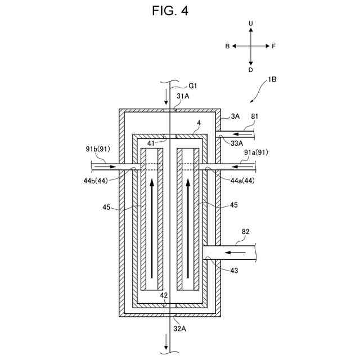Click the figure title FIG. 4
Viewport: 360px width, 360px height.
(170, 11)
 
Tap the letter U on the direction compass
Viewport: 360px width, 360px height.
(251, 24)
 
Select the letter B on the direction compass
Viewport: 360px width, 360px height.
(227, 46)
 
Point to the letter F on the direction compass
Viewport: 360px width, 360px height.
(273, 46)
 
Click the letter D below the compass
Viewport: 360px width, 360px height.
(251, 70)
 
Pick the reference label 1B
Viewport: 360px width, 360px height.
(272, 79)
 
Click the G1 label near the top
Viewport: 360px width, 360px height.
(193, 86)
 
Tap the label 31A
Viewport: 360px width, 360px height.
(183, 96)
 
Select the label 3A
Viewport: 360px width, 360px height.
(235, 116)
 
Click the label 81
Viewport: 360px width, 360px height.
(255, 116)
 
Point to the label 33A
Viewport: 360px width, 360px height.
(237, 143)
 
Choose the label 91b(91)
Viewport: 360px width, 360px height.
(98, 149)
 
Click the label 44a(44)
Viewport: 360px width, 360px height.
(242, 181)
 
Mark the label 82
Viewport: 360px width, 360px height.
(245, 232)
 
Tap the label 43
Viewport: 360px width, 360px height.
(234, 271)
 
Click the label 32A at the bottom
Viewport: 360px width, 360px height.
(179, 328)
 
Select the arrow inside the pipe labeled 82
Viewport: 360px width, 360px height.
(235, 253)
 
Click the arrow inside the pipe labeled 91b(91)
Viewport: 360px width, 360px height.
(106, 166)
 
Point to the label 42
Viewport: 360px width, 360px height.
(164, 295)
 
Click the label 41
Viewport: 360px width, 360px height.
(151, 143)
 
